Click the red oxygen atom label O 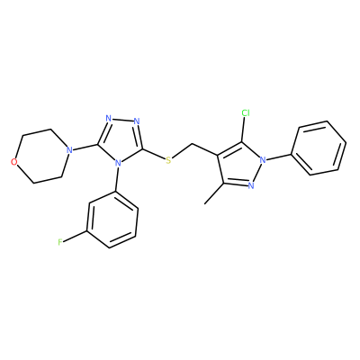(x=13, y=162)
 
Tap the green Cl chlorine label (x=246, y=113)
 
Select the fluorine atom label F (x=60, y=242)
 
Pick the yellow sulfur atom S (x=168, y=160)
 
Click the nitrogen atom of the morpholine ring (x=69, y=149)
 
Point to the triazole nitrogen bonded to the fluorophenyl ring (x=118, y=163)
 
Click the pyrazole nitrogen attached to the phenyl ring (x=263, y=159)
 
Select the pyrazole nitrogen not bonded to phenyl (x=251, y=185)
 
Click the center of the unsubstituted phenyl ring (x=319, y=148)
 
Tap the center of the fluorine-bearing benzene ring (x=112, y=220)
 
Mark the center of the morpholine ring (x=41, y=156)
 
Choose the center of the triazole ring (x=121, y=140)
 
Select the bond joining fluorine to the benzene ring (x=75, y=236)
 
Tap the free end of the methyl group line (x=204, y=204)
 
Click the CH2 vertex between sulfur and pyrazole (x=191, y=145)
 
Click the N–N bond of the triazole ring (x=122, y=120)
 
